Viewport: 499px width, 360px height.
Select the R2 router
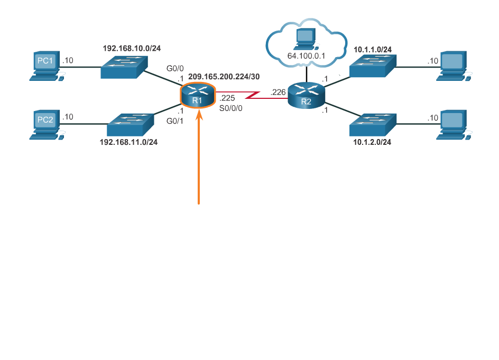pyautogui.click(x=307, y=96)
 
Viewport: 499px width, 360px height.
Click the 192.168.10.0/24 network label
pyautogui.click(x=132, y=48)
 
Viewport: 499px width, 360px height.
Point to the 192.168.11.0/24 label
pyautogui.click(x=128, y=142)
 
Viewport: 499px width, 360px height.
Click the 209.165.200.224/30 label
pyautogui.click(x=224, y=77)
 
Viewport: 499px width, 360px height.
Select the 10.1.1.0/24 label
pyautogui.click(x=373, y=50)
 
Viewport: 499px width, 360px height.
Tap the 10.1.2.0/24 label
pyautogui.click(x=373, y=142)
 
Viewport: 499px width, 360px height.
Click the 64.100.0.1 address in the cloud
pyautogui.click(x=306, y=55)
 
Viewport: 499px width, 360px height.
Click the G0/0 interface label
pyautogui.click(x=175, y=68)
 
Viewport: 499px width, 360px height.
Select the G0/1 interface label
pyautogui.click(x=175, y=121)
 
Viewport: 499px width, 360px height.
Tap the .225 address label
pyautogui.click(x=228, y=98)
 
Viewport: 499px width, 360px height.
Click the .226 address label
pyautogui.click(x=278, y=93)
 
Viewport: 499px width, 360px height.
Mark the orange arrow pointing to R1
pyautogui.click(x=199, y=159)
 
